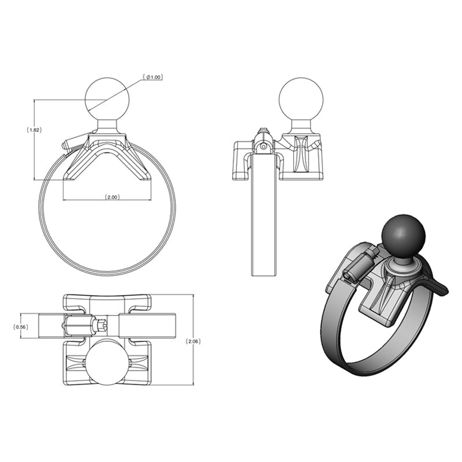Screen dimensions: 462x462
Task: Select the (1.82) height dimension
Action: pos(35,130)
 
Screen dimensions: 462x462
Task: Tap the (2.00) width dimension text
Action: pos(112,197)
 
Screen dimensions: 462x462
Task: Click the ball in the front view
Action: pos(106,98)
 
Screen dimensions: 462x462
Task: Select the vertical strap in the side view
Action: pos(264,219)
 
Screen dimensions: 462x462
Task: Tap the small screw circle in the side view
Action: pos(263,147)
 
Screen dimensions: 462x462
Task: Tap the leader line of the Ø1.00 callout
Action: pos(121,92)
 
